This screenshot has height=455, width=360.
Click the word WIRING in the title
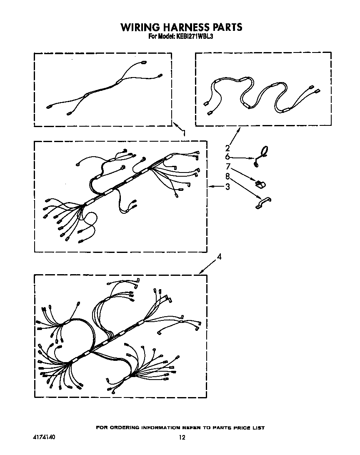(x=140, y=27)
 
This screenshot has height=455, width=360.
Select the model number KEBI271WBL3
(x=193, y=37)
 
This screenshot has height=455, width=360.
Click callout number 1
(x=183, y=133)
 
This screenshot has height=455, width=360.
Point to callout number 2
(x=227, y=148)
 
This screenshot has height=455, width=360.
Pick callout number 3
(x=227, y=187)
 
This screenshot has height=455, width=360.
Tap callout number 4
(x=219, y=257)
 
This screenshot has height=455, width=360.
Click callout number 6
(x=227, y=157)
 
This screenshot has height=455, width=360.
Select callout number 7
(x=228, y=167)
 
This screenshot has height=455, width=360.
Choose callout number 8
(x=227, y=176)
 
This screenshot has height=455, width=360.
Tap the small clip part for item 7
(x=260, y=184)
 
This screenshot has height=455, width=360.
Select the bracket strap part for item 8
(x=263, y=202)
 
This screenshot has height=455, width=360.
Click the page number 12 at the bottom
(x=182, y=437)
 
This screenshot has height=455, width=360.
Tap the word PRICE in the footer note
(x=241, y=428)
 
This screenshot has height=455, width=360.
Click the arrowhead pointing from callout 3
(x=210, y=187)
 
